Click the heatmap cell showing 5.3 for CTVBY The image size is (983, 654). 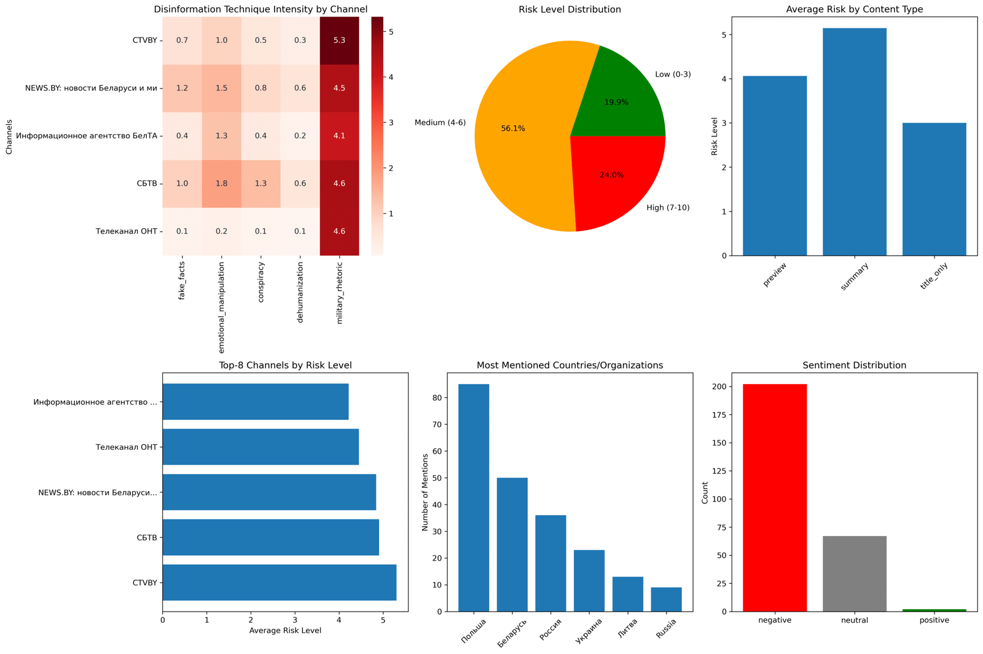click(339, 41)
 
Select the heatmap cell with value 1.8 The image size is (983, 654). click(221, 184)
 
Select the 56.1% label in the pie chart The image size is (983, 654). click(513, 128)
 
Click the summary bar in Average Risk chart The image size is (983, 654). click(854, 141)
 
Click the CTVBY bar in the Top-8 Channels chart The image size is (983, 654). click(280, 582)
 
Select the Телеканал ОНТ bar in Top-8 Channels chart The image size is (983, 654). click(260, 447)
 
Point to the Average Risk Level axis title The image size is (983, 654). click(285, 630)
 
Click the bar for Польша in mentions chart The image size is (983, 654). click(474, 498)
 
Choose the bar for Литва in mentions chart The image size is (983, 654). click(628, 594)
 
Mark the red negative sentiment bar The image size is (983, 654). click(775, 498)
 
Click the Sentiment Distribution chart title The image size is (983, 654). click(854, 365)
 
